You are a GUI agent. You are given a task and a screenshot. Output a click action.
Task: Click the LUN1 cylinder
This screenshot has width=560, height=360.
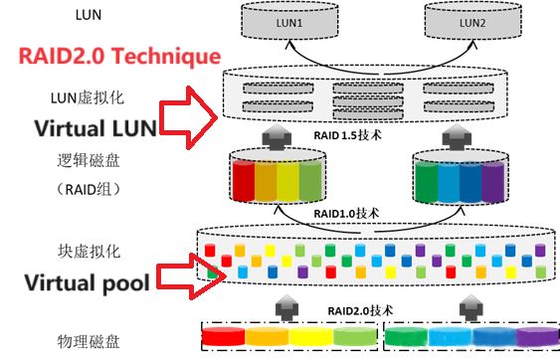click(289, 20)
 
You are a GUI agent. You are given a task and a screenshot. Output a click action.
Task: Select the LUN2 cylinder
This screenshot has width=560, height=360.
click(473, 20)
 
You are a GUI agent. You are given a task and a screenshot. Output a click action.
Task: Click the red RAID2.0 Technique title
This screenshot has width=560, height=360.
click(119, 57)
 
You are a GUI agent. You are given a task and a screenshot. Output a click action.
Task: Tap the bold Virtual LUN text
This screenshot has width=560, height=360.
click(95, 128)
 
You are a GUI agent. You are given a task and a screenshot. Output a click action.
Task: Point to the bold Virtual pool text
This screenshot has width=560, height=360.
click(87, 283)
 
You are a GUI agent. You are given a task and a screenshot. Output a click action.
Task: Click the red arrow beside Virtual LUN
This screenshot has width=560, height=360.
click(188, 117)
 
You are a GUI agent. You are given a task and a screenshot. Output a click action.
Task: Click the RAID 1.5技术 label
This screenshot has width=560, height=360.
click(347, 135)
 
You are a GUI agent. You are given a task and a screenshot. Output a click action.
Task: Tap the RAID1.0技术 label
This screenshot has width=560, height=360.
click(346, 214)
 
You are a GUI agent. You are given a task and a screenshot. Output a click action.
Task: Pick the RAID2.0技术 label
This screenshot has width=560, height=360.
click(360, 310)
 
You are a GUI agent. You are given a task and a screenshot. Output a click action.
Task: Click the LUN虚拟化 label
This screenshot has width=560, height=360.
click(88, 97)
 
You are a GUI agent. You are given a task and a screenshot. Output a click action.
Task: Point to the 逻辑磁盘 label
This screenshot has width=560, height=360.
click(89, 160)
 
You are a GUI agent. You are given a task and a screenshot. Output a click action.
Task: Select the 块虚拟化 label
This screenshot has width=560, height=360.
click(90, 252)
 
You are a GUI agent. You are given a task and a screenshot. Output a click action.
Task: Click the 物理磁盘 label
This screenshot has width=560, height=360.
click(89, 341)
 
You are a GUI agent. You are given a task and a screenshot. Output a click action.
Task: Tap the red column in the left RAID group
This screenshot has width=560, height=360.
click(244, 181)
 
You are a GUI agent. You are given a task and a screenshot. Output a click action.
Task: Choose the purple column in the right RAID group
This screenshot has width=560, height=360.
click(492, 182)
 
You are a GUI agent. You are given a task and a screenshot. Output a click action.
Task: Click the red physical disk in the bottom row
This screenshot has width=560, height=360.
click(224, 336)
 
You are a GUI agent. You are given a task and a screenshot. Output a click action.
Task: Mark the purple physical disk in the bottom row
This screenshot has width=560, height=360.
click(537, 337)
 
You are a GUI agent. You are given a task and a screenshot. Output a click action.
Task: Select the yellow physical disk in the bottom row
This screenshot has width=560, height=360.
click(311, 336)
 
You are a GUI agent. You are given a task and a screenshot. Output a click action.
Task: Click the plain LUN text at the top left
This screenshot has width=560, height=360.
click(89, 15)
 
